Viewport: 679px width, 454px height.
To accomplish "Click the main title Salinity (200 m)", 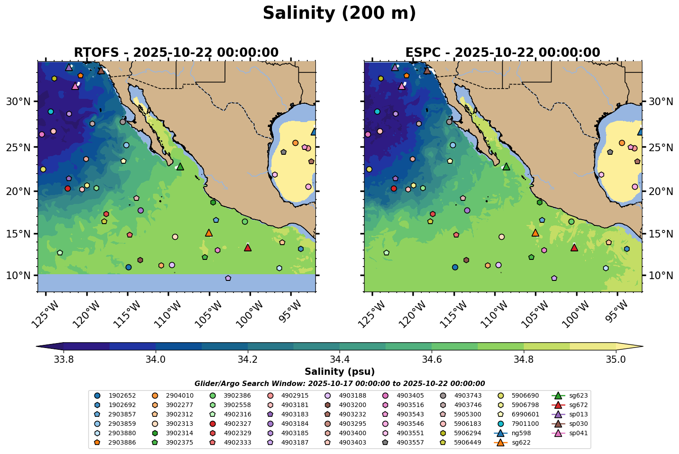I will tap(339, 13).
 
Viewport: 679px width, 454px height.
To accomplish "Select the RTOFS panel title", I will tap(176, 53).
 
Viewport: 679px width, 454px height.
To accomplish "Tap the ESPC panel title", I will tap(502, 53).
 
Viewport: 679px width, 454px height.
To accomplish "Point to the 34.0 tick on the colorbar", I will tap(155, 360).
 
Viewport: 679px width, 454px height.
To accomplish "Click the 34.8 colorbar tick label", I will tap(524, 360).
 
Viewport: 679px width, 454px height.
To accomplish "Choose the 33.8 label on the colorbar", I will tap(63, 360).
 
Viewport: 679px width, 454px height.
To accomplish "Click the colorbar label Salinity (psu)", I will tap(339, 372).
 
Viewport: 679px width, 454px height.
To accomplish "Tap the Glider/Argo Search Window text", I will tap(339, 383).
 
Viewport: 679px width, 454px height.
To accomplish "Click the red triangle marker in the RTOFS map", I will tap(248, 248).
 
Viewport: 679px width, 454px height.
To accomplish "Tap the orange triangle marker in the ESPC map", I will tap(535, 233).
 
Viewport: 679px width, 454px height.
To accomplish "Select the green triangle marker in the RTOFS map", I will tap(180, 167).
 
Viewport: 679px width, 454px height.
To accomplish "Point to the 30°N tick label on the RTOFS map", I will tap(17, 102).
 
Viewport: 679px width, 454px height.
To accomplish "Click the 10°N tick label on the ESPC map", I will tap(661, 276).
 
